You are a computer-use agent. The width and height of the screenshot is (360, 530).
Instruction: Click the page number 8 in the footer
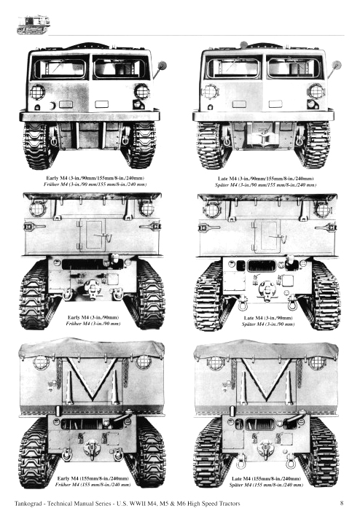(341, 502)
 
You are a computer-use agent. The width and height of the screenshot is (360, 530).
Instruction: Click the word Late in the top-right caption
(226, 178)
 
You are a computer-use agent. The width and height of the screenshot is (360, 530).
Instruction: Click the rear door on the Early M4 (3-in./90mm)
(93, 233)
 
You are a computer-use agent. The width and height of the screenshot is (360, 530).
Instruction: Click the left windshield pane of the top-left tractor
(60, 69)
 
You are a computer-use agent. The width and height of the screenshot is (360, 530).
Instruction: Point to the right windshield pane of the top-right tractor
(294, 68)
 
